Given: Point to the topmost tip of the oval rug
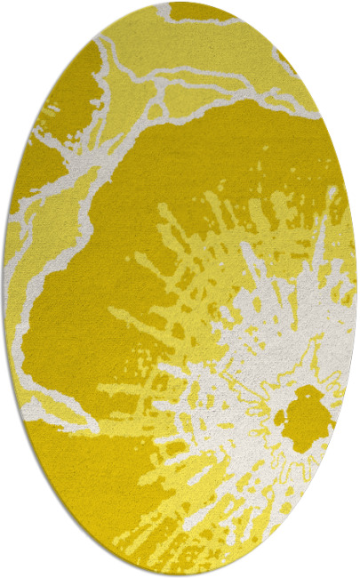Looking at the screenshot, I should pyautogui.click(x=180, y=3).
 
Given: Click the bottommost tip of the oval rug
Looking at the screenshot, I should pyautogui.click(x=180, y=575).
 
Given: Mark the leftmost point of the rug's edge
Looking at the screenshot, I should pyautogui.click(x=4, y=289).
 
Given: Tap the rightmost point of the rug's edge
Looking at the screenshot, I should pyautogui.click(x=356, y=289).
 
